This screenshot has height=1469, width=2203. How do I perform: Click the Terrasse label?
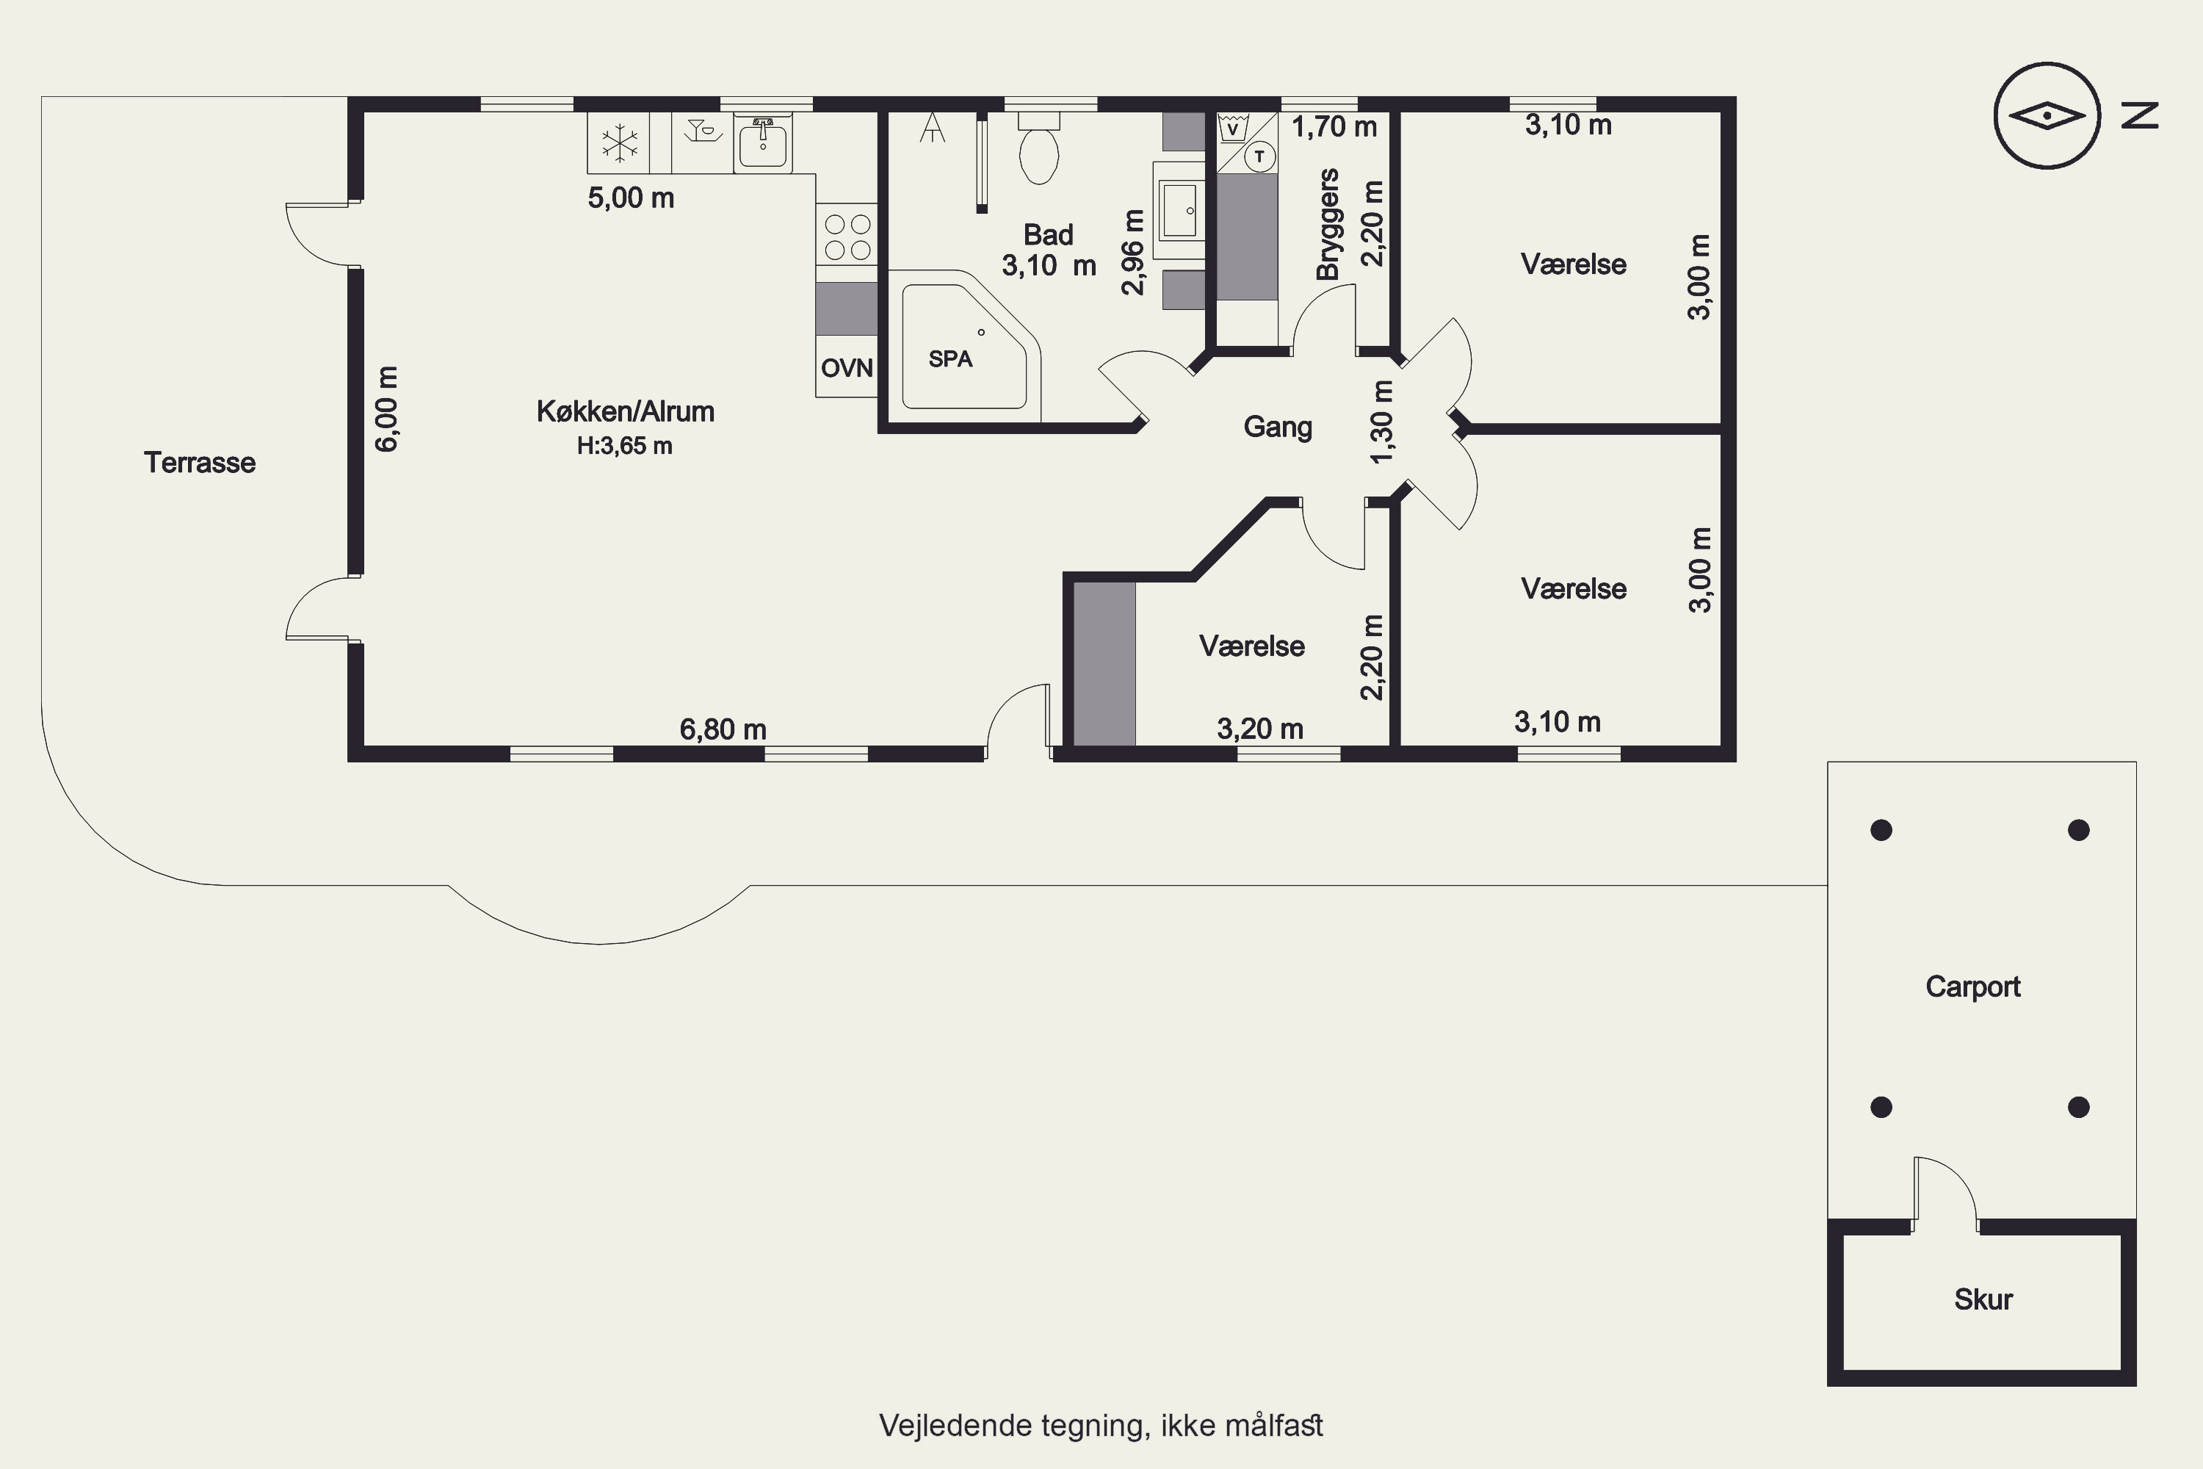pyautogui.click(x=200, y=462)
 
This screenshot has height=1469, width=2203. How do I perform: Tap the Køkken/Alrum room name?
pyautogui.click(x=625, y=411)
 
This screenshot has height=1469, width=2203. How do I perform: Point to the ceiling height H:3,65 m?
pyautogui.click(x=625, y=446)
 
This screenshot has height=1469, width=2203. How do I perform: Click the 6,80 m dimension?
pyautogui.click(x=723, y=729)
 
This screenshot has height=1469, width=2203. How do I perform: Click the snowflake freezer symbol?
pyautogui.click(x=619, y=143)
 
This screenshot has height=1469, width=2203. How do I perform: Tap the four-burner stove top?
pyautogui.click(x=847, y=236)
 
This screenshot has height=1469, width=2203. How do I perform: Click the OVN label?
pyautogui.click(x=847, y=368)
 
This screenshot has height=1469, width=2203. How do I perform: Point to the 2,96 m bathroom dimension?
pyautogui.click(x=1132, y=252)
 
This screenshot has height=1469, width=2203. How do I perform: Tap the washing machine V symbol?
pyautogui.click(x=1233, y=127)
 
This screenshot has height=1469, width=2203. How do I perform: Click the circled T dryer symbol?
pyautogui.click(x=1259, y=156)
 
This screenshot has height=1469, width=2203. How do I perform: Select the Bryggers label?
pyautogui.click(x=1327, y=225)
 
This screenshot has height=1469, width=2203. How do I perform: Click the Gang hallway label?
pyautogui.click(x=1278, y=427)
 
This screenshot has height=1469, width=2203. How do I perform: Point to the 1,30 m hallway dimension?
pyautogui.click(x=1381, y=421)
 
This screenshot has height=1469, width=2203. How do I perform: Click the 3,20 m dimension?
pyautogui.click(x=1260, y=729)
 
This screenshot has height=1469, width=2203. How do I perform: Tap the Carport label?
pyautogui.click(x=1972, y=986)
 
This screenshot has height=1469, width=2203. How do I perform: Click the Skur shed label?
pyautogui.click(x=1983, y=1299)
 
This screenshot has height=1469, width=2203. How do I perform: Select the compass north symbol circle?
pyautogui.click(x=2047, y=116)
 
